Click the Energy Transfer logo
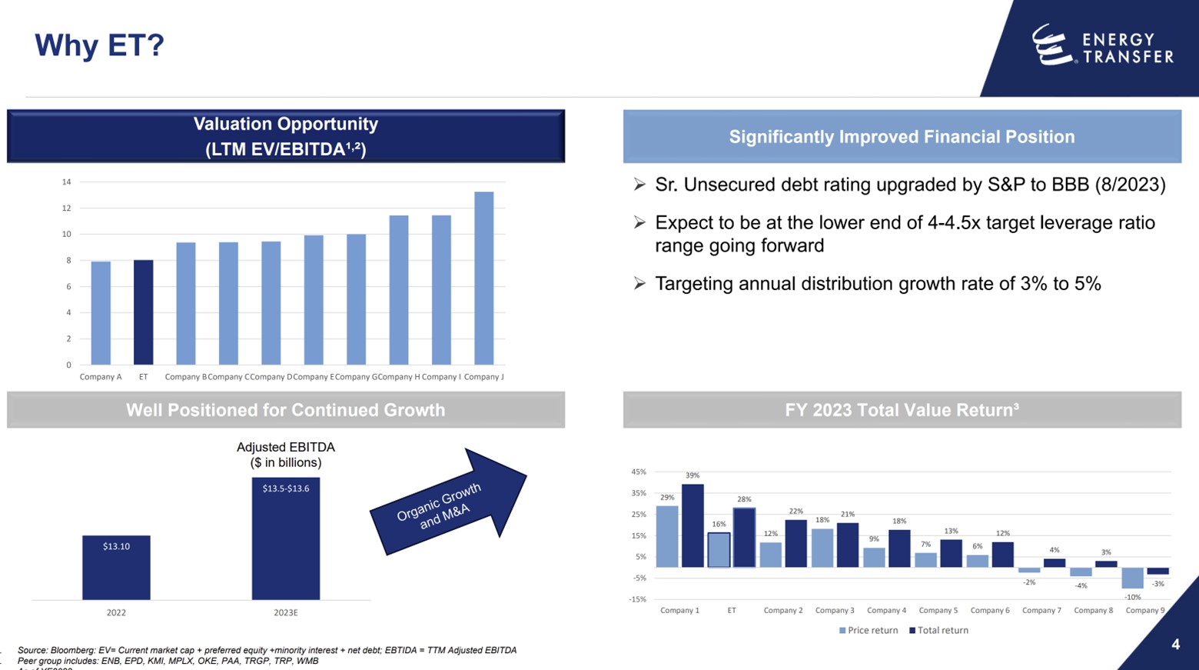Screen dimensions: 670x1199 tap(1101, 45)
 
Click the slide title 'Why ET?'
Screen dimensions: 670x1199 tap(99, 45)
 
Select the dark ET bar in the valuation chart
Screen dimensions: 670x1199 tap(143, 312)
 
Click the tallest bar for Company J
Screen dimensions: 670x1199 tap(483, 278)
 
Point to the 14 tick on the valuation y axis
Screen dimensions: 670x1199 tap(67, 182)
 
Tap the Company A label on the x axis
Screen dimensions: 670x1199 tap(101, 377)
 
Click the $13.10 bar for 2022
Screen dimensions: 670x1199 tap(116, 568)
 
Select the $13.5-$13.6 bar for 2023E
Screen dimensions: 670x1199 tap(285, 538)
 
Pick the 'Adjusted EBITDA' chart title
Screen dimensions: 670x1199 tap(285, 448)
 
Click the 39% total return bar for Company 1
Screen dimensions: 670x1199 tap(692, 526)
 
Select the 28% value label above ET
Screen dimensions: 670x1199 tap(744, 499)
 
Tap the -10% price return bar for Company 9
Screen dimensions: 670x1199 tap(1132, 578)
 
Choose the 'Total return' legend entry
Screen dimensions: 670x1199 tap(938, 631)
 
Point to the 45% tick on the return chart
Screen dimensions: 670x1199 tap(639, 472)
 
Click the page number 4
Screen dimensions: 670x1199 tap(1175, 645)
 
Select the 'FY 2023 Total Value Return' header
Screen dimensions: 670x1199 tap(902, 410)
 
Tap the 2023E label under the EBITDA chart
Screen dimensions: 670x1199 tap(285, 613)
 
